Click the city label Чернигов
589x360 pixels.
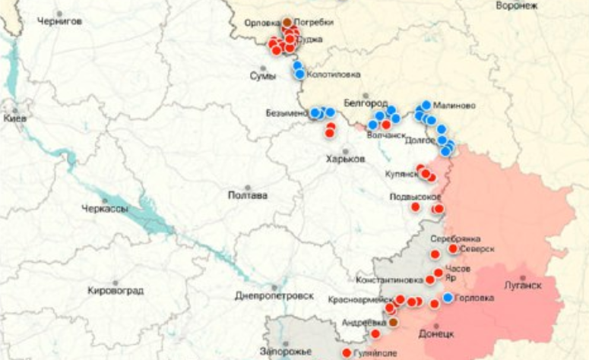coord(59,21)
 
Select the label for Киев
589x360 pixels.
coord(14,119)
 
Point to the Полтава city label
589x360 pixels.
coord(248,195)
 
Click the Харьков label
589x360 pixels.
coord(344,159)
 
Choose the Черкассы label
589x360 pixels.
coord(105,209)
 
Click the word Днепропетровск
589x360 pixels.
coord(274,295)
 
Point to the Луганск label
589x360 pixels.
coord(522,286)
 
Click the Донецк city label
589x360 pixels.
coord(436,333)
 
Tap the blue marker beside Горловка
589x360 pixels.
coord(448,298)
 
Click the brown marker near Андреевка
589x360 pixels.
coord(393,322)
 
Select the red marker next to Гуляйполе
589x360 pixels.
coord(347,353)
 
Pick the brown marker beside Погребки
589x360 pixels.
coord(287,23)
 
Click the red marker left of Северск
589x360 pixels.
coord(453,248)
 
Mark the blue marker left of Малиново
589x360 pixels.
coord(426,106)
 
